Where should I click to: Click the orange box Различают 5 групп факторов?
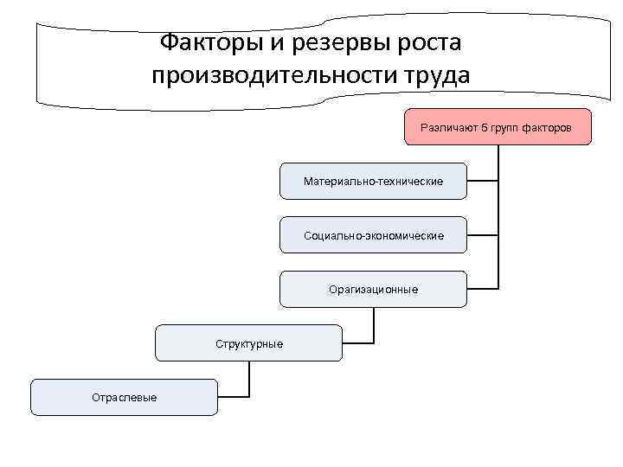coord(495,126)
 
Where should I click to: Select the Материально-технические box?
coord(373,181)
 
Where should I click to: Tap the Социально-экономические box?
coord(373,235)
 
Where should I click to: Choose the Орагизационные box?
coord(373,289)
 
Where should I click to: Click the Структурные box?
coord(248,343)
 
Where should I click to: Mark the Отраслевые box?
coord(124,397)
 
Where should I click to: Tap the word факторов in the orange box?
coord(546,126)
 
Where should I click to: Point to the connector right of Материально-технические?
coord(483,181)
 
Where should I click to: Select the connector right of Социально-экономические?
coord(483,235)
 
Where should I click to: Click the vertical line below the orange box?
coord(498,216)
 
